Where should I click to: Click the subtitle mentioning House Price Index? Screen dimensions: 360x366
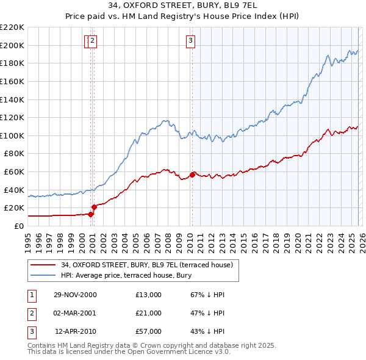click(183, 16)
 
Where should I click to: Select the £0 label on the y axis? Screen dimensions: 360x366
click(18, 226)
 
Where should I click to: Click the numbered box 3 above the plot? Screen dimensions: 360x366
click(191, 41)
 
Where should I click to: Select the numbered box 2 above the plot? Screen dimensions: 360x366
click(93, 41)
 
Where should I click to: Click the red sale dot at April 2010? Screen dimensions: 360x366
click(192, 175)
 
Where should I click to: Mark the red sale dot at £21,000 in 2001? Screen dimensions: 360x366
click(94, 207)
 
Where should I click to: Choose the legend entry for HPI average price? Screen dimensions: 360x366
click(126, 275)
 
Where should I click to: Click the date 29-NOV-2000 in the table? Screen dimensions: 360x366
click(75, 295)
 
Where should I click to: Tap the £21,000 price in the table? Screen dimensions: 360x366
click(149, 313)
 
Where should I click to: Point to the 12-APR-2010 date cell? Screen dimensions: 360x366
click(75, 331)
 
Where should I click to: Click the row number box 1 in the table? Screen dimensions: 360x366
click(31, 295)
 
